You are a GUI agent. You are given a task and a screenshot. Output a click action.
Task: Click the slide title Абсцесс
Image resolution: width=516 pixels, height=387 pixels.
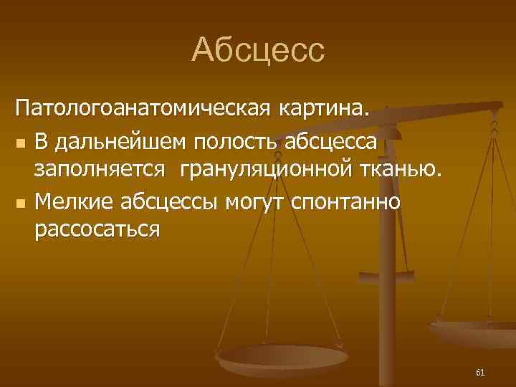(x=258, y=50)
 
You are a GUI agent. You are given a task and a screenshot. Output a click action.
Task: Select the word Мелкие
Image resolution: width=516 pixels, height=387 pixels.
(x=70, y=202)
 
